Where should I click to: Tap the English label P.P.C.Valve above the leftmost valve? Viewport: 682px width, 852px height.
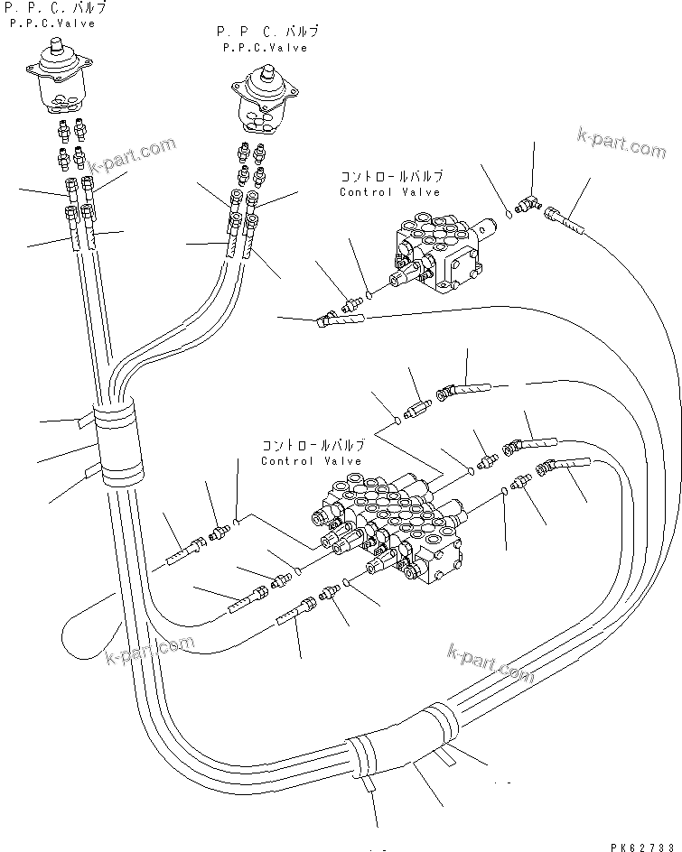pyautogui.click(x=52, y=23)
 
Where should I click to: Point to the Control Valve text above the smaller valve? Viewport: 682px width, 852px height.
pyautogui.click(x=389, y=192)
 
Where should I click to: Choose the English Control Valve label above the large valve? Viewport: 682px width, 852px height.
pyautogui.click(x=311, y=461)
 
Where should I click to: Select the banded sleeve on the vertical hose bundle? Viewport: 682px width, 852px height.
pyautogui.click(x=119, y=442)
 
